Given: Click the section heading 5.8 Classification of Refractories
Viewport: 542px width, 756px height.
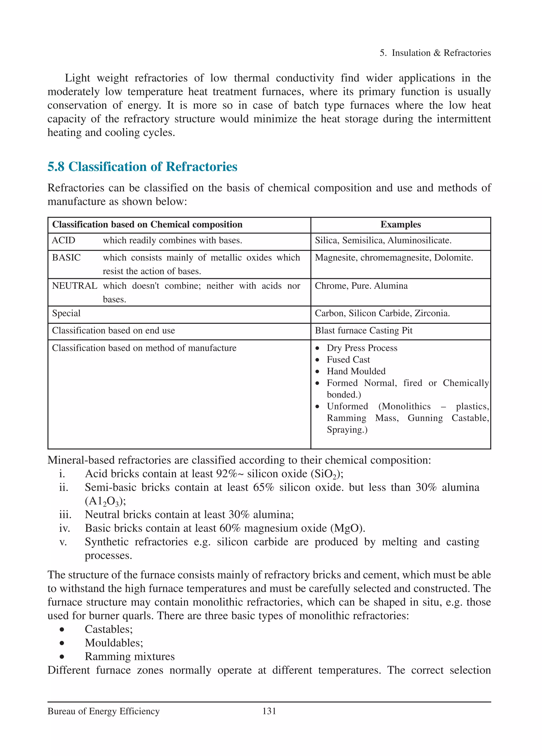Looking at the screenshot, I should coord(142,167).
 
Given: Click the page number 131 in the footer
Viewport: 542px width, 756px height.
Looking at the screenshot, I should coord(269,711).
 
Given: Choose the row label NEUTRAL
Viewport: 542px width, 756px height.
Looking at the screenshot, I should coord(74,286).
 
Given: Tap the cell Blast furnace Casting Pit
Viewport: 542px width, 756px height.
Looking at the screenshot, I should coord(363,330).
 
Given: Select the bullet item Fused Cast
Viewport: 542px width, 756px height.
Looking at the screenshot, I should coord(348,360).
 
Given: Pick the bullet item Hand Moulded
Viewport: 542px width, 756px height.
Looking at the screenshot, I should coord(356,371).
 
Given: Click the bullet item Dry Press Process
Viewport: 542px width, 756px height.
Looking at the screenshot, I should coord(362,348).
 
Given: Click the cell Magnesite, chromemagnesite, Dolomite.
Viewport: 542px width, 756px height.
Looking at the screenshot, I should coord(394,257).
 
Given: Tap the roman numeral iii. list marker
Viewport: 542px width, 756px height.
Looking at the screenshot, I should coord(65,515).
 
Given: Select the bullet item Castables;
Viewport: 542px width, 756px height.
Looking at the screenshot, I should coord(108,629).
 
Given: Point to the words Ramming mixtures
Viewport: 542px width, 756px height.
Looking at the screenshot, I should coord(129,656).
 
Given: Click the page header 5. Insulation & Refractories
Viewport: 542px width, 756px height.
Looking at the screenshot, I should coord(435,53).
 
